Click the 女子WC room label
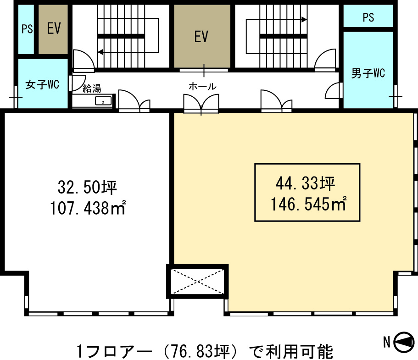(42, 85)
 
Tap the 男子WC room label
(368, 73)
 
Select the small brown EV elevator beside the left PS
(53, 29)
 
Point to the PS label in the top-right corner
(368, 17)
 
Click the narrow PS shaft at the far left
(26, 29)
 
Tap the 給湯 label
(92, 89)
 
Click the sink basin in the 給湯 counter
(103, 101)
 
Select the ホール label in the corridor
(203, 86)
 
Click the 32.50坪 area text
(88, 187)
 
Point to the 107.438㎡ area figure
(88, 208)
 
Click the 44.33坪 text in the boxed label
(305, 183)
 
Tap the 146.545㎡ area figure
(309, 204)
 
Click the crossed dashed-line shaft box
(198, 282)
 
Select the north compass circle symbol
(404, 343)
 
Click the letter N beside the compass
(387, 342)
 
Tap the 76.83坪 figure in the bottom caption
(200, 351)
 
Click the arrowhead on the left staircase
(100, 52)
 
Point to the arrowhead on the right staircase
(304, 19)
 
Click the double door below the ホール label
(201, 103)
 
